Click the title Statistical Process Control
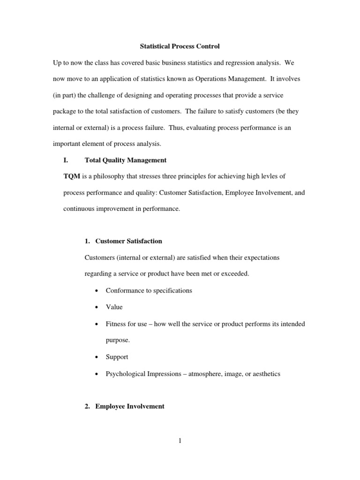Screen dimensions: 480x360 click(180, 46)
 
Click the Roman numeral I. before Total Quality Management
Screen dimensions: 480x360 click(66, 160)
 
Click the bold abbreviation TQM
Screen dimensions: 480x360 click(72, 176)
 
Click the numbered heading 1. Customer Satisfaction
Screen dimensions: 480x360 click(123, 241)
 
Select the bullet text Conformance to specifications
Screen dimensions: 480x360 click(149, 290)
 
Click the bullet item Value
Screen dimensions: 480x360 click(114, 307)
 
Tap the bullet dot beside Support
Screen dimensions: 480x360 click(96, 357)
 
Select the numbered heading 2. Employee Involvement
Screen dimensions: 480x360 click(124, 406)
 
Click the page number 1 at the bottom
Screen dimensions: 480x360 click(180, 441)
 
